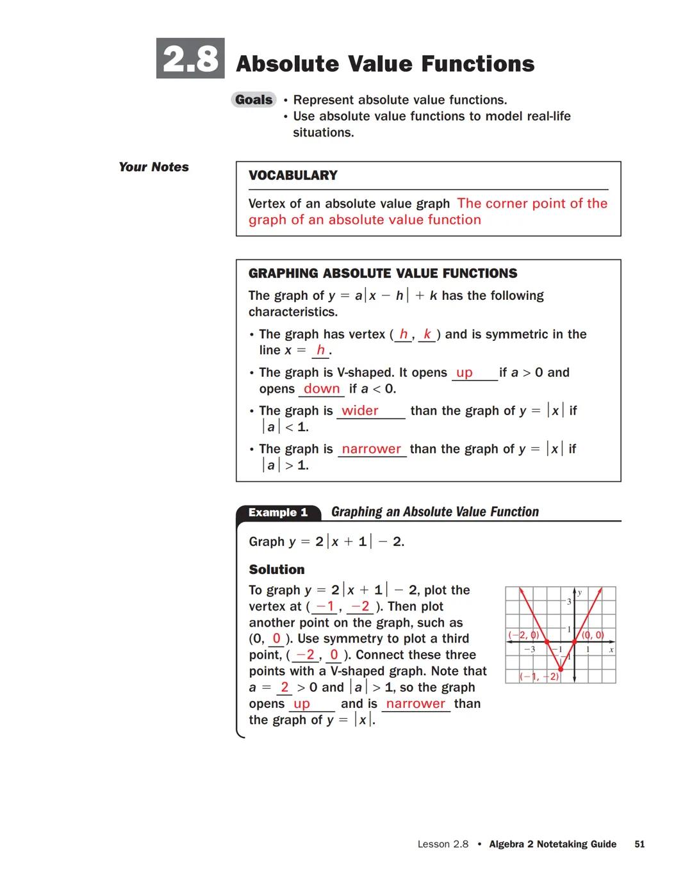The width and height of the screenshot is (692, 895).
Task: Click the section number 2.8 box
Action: click(190, 58)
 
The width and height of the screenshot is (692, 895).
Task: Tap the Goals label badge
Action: click(254, 99)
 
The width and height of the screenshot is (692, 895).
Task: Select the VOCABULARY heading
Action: click(293, 176)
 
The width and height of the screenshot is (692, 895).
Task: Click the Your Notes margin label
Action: click(154, 167)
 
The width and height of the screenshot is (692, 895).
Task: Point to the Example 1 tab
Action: click(278, 513)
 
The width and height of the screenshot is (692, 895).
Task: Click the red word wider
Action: click(359, 411)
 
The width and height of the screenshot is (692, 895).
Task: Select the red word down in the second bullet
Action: click(322, 389)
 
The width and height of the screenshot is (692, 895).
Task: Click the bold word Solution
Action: click(277, 570)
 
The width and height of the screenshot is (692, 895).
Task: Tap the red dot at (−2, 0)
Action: click(547, 641)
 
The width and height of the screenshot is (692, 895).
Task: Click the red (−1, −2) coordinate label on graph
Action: click(539, 677)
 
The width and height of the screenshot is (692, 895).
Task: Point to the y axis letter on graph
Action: click(580, 593)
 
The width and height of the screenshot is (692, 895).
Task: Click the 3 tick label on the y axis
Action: click(568, 602)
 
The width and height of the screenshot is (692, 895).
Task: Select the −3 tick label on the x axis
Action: click(529, 650)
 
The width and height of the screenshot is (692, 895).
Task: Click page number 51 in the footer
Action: click(639, 844)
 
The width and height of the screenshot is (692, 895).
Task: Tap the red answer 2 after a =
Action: click(284, 687)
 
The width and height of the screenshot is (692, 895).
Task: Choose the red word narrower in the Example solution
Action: click(415, 703)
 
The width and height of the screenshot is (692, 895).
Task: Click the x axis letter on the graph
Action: click(611, 650)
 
